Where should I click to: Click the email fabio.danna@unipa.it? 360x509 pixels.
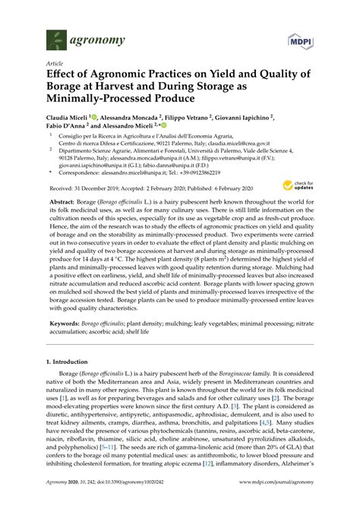(169, 163)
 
